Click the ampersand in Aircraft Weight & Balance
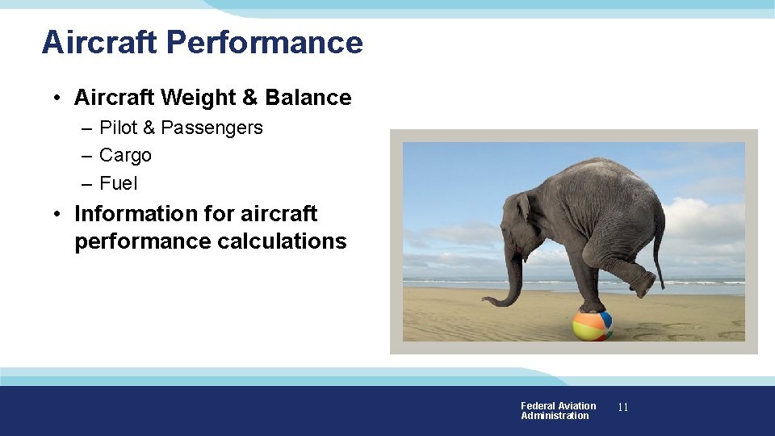[x=250, y=98]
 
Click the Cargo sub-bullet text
[x=125, y=155]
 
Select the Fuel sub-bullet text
[x=119, y=183]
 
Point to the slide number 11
[x=622, y=407]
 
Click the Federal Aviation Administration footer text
[x=558, y=411]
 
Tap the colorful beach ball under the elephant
[x=593, y=325]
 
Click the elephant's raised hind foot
[x=642, y=285]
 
